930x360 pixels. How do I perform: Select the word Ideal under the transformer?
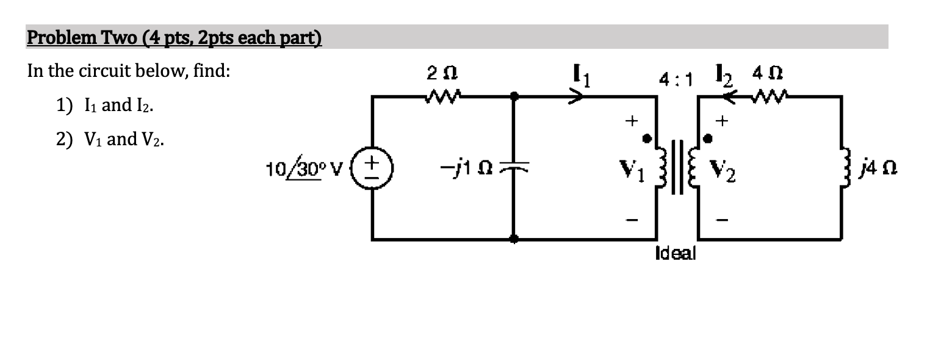(675, 253)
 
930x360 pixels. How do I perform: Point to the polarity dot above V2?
(708, 139)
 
